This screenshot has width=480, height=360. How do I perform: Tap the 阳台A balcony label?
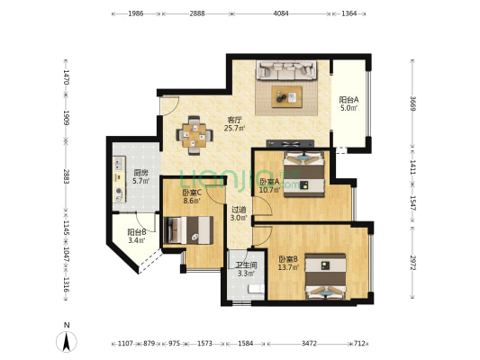pos(349,103)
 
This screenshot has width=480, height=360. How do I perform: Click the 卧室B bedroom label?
pos(288,263)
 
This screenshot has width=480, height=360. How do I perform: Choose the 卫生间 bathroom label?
pos(247,268)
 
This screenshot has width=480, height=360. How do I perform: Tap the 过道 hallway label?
pos(238,213)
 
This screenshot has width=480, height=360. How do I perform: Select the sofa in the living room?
pos(286,70)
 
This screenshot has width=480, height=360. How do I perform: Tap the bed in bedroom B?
pos(325,275)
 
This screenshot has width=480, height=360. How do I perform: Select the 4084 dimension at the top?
pos(280,14)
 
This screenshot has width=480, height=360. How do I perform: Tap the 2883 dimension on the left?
pos(67,176)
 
